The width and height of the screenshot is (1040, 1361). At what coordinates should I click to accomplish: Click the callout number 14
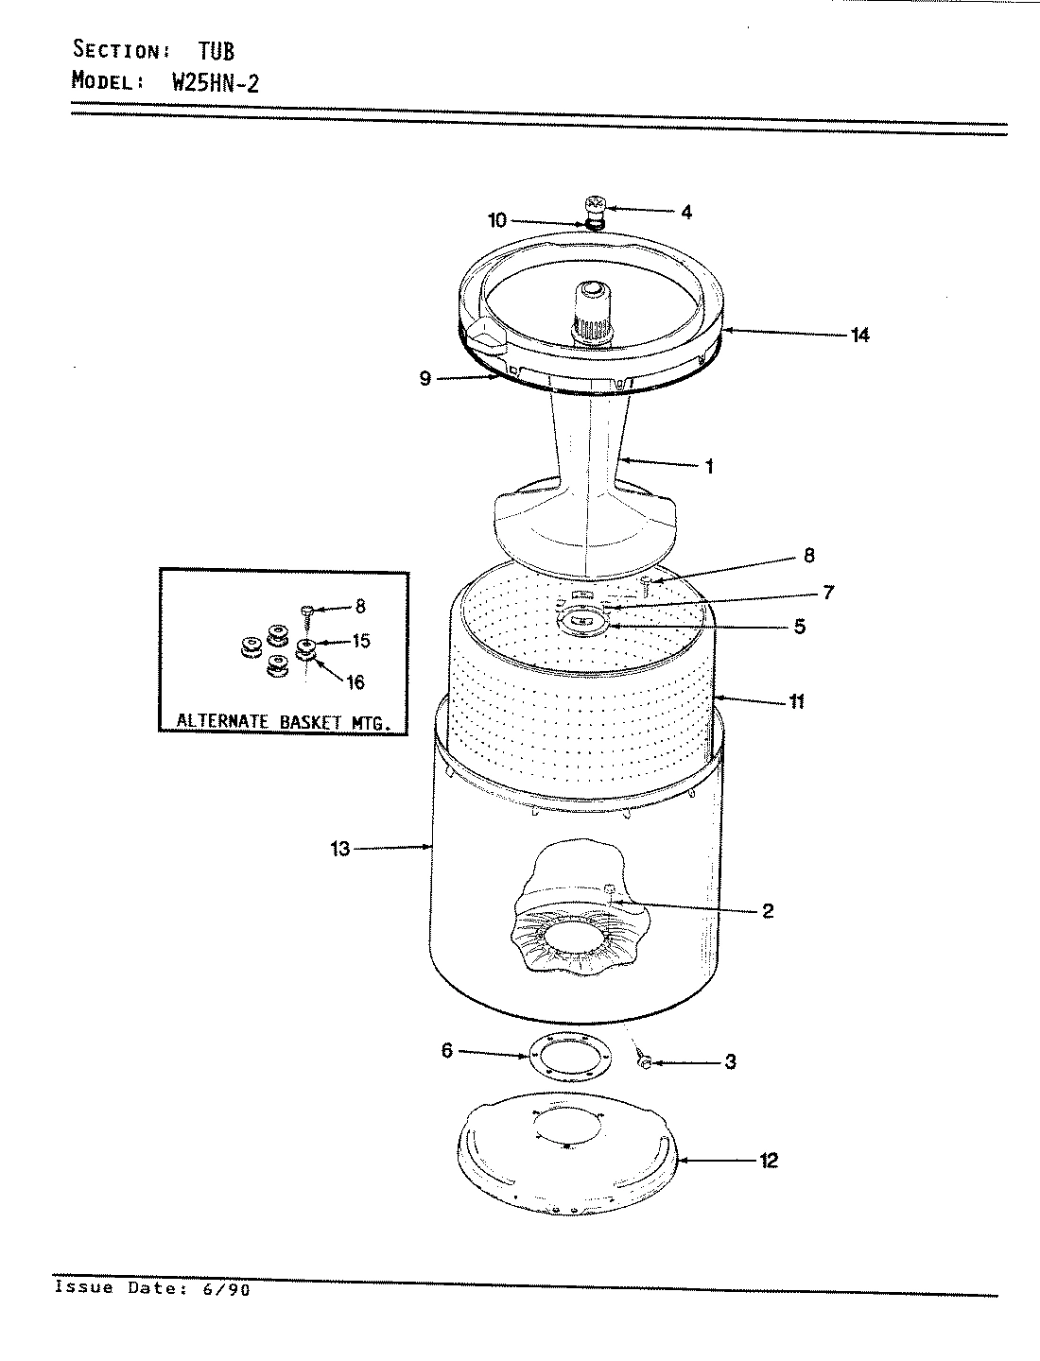pyautogui.click(x=859, y=335)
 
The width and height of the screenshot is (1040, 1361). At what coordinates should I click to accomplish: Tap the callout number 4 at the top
pyautogui.click(x=685, y=213)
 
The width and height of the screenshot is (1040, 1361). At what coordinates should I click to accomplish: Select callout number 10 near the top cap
pyautogui.click(x=497, y=221)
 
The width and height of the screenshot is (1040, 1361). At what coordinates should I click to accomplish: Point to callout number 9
pyautogui.click(x=425, y=378)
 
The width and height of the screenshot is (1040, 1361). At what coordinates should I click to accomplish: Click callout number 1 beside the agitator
pyautogui.click(x=709, y=466)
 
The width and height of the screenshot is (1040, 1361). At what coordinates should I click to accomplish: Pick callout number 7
pyautogui.click(x=827, y=593)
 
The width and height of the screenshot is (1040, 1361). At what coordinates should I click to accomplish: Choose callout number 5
pyautogui.click(x=799, y=626)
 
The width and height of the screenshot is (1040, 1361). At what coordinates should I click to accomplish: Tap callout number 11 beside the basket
pyautogui.click(x=796, y=701)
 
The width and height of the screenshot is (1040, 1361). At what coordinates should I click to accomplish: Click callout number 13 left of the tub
pyautogui.click(x=340, y=849)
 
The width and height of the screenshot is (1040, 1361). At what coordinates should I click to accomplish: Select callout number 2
pyautogui.click(x=767, y=910)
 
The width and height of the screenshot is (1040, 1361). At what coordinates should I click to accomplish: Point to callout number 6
pyautogui.click(x=447, y=1050)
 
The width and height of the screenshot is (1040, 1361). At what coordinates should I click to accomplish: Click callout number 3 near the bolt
pyautogui.click(x=730, y=1061)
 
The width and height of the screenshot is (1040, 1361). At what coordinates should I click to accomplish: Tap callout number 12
pyautogui.click(x=768, y=1160)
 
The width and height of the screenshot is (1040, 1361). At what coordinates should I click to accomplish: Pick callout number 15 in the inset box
pyautogui.click(x=360, y=642)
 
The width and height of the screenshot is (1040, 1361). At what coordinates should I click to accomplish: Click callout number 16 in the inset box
pyautogui.click(x=355, y=682)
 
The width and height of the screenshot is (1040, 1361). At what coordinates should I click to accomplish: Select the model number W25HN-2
pyautogui.click(x=215, y=81)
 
